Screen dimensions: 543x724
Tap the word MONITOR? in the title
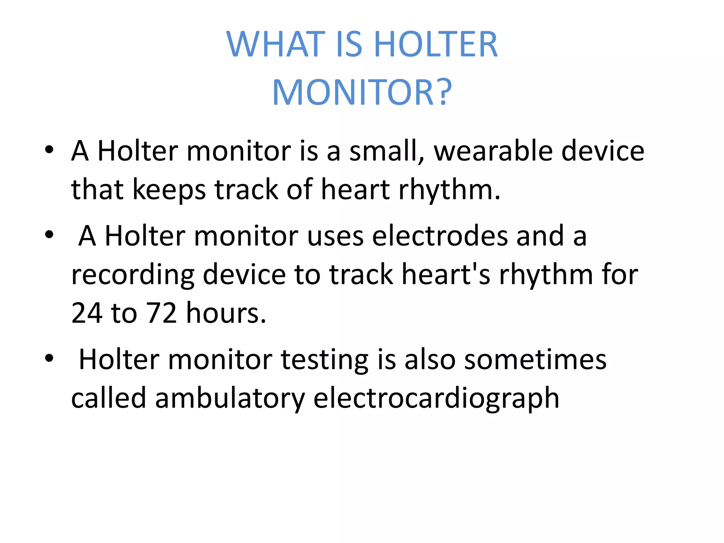362,93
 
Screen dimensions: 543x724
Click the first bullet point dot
49,150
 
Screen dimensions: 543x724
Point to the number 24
87,313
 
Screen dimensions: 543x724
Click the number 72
162,313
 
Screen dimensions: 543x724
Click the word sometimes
535,360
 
